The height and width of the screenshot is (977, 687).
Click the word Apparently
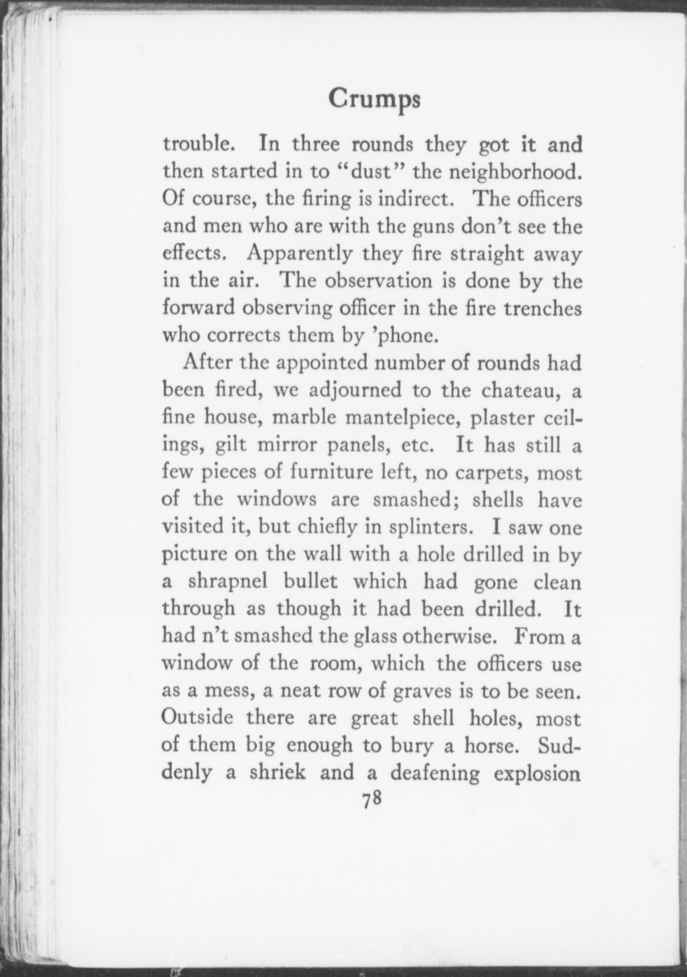(299, 254)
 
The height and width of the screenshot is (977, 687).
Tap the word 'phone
(404, 336)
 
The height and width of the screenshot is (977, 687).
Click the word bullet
(310, 581)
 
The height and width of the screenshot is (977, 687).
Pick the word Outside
(198, 717)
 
